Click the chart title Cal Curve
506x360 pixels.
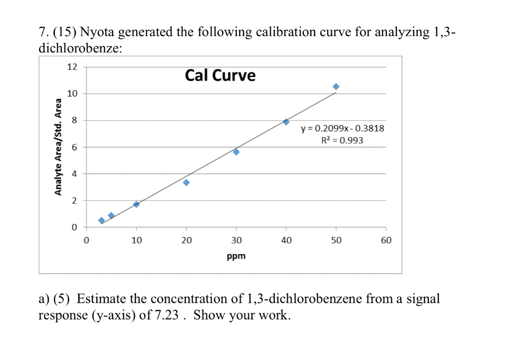coord(220,76)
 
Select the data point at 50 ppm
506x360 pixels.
coord(336,87)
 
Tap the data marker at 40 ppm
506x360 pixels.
coord(286,122)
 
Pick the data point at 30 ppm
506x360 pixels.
coord(236,152)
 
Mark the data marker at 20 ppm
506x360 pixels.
coord(186,182)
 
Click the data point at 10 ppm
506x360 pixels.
coord(136,204)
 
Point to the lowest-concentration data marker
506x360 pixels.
coord(101,221)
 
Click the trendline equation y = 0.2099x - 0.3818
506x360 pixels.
coord(342,129)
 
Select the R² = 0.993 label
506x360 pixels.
coord(342,140)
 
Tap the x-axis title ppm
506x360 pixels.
coord(236,256)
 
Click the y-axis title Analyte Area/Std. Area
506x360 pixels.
coord(58,147)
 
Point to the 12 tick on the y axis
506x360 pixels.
coord(72,67)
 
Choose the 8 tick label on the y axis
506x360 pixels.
coord(74,121)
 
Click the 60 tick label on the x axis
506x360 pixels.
coord(386,241)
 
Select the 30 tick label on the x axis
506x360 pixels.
coord(236,241)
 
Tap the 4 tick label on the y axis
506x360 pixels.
coord(74,174)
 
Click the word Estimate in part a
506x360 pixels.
coord(102,299)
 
